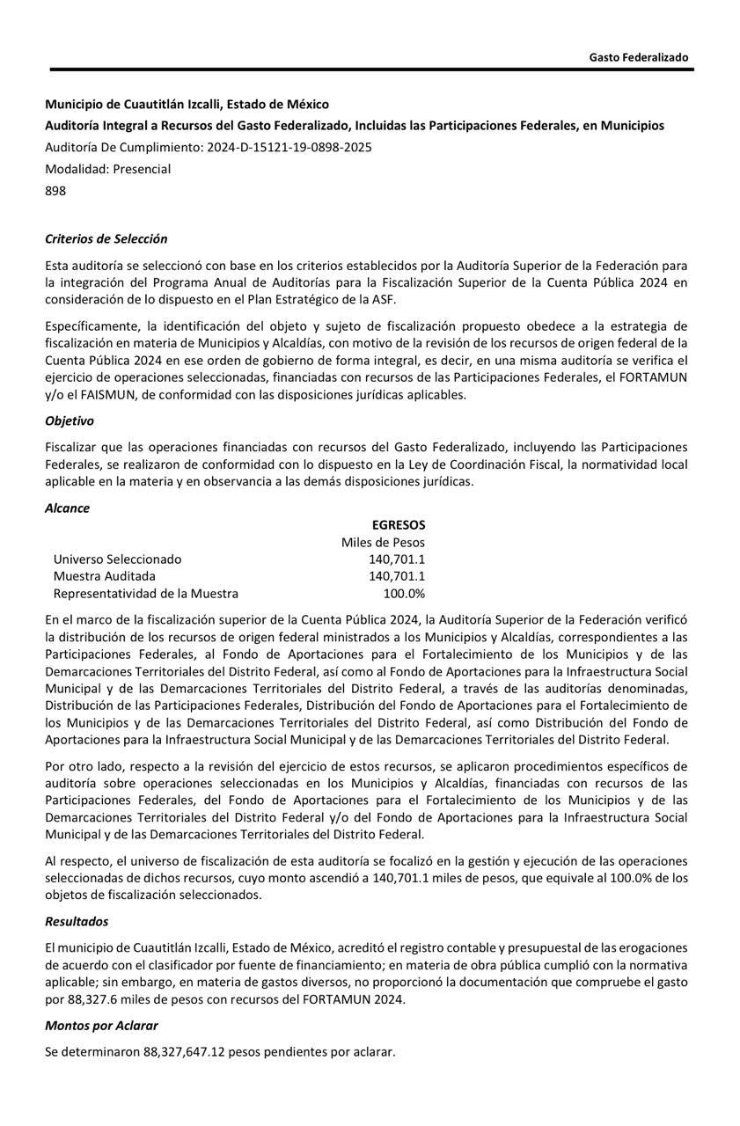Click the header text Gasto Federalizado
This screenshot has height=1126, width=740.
[638, 57]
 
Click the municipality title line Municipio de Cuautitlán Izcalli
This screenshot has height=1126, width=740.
[187, 104]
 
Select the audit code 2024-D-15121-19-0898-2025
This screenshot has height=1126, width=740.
[289, 147]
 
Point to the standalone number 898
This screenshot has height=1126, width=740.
[55, 190]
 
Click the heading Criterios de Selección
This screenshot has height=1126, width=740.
[106, 238]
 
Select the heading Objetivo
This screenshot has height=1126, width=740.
[70, 421]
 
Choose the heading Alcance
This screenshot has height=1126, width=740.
[67, 508]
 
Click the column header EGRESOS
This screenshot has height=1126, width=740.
[398, 524]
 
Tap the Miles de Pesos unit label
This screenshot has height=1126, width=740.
[383, 542]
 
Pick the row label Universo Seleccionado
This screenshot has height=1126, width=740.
[117, 559]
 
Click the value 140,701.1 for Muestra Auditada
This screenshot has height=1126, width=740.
[397, 576]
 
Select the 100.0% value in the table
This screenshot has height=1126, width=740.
[404, 593]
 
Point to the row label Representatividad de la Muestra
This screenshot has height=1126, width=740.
[145, 593]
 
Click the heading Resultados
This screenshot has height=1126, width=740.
[77, 921]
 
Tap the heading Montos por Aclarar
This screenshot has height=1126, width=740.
[101, 1025]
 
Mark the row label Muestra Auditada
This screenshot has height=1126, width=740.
[104, 576]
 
